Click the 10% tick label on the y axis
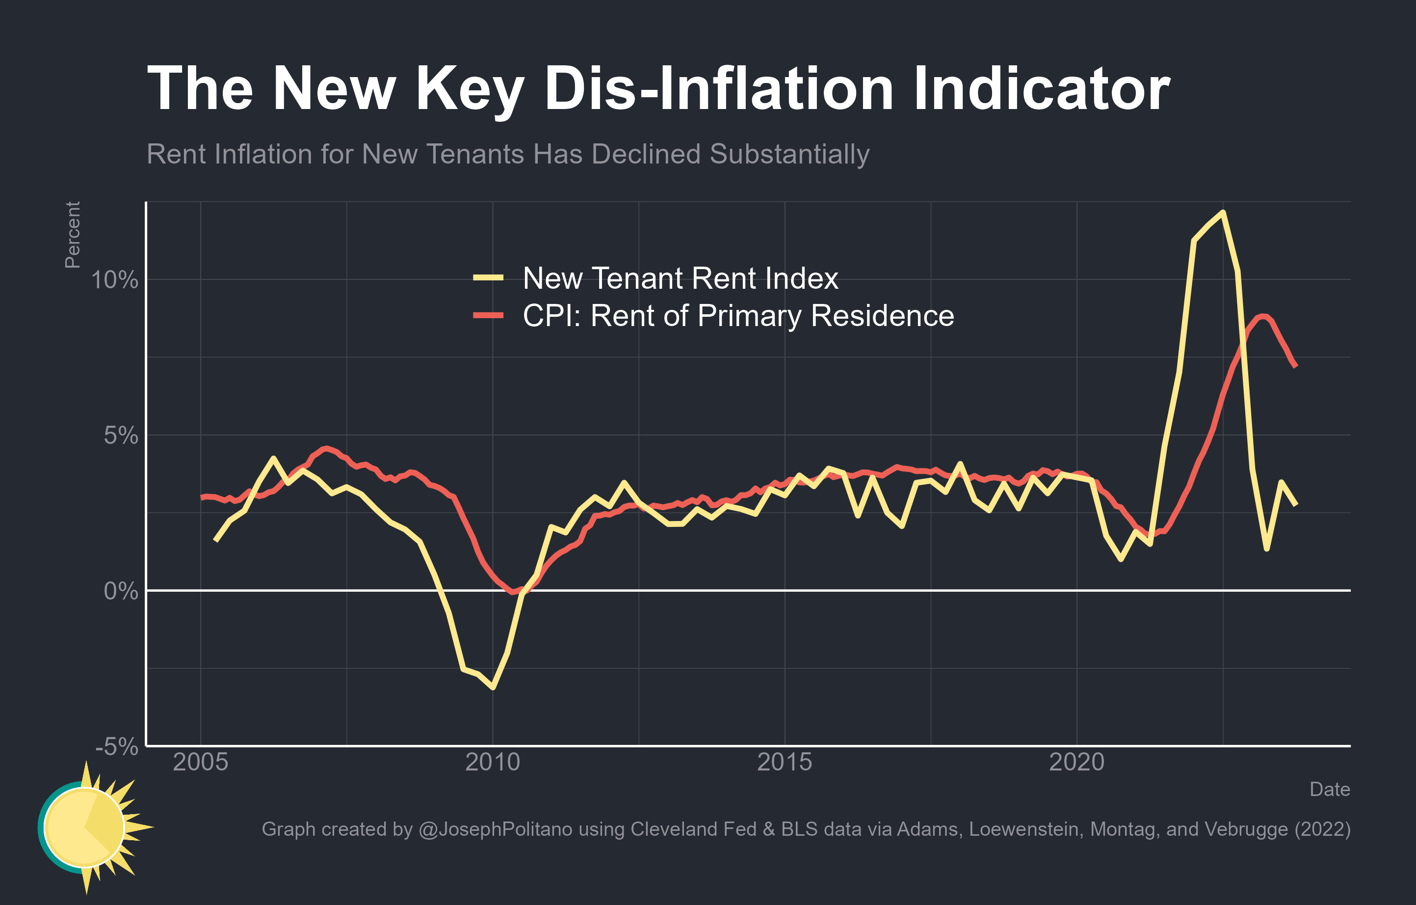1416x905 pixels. point(114,280)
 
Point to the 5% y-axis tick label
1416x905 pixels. point(121,436)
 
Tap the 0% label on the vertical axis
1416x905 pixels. point(121,591)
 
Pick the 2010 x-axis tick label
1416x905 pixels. point(492,763)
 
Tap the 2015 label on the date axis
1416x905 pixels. point(785,763)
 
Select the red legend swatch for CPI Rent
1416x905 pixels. point(488,315)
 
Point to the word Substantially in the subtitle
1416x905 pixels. point(789,155)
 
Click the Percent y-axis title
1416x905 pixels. point(72,235)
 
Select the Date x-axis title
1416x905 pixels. point(1330,789)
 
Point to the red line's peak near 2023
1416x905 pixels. point(1262,317)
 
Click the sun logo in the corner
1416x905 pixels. point(88,827)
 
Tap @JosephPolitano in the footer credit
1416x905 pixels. point(495,829)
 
